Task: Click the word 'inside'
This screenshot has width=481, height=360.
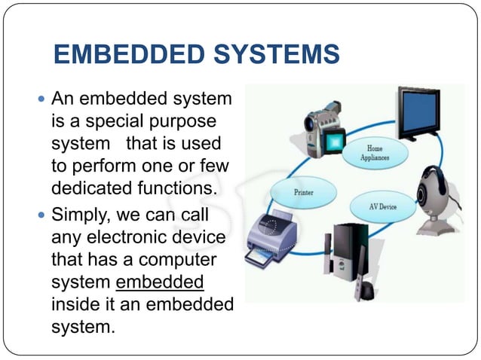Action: tap(76, 305)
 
